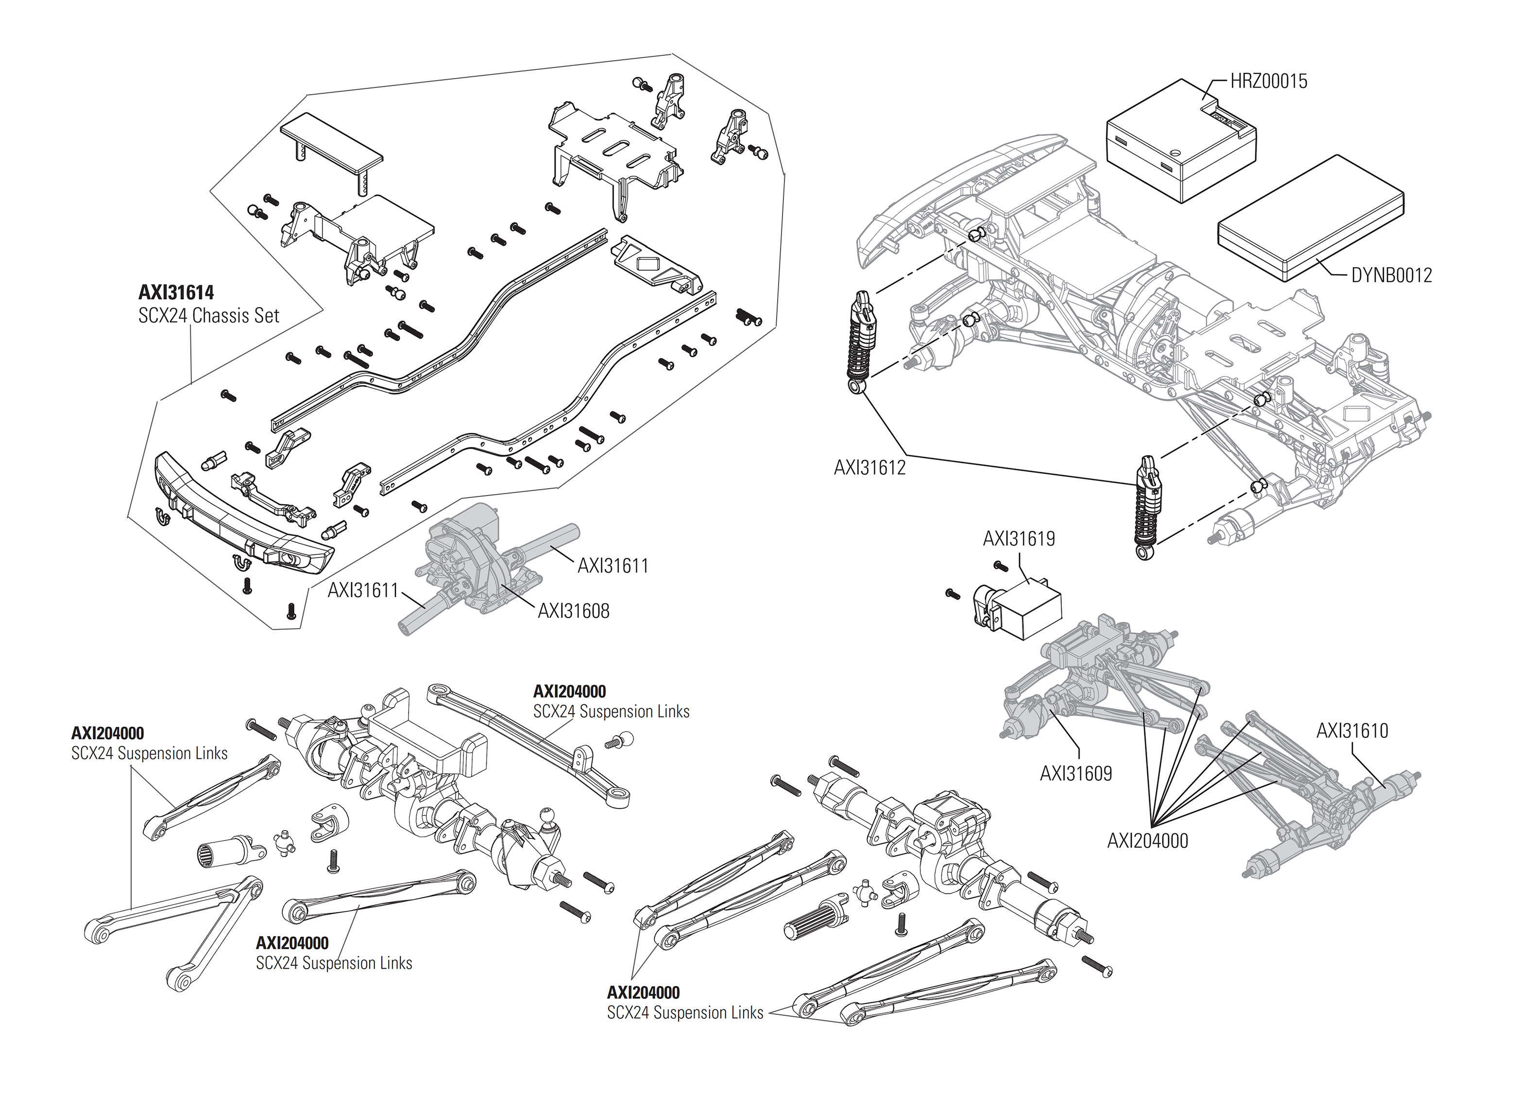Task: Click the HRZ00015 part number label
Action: tap(1268, 82)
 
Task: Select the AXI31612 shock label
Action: tap(869, 468)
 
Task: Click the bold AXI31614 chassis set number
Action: tap(176, 293)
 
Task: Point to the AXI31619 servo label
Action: tap(1019, 538)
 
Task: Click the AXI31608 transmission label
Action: tap(573, 611)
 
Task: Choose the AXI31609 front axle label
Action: tap(1075, 774)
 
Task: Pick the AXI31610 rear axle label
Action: tap(1352, 731)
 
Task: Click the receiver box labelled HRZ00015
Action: tap(1181, 141)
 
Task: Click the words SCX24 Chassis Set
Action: tap(208, 316)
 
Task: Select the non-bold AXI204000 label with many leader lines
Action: tap(1147, 840)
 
